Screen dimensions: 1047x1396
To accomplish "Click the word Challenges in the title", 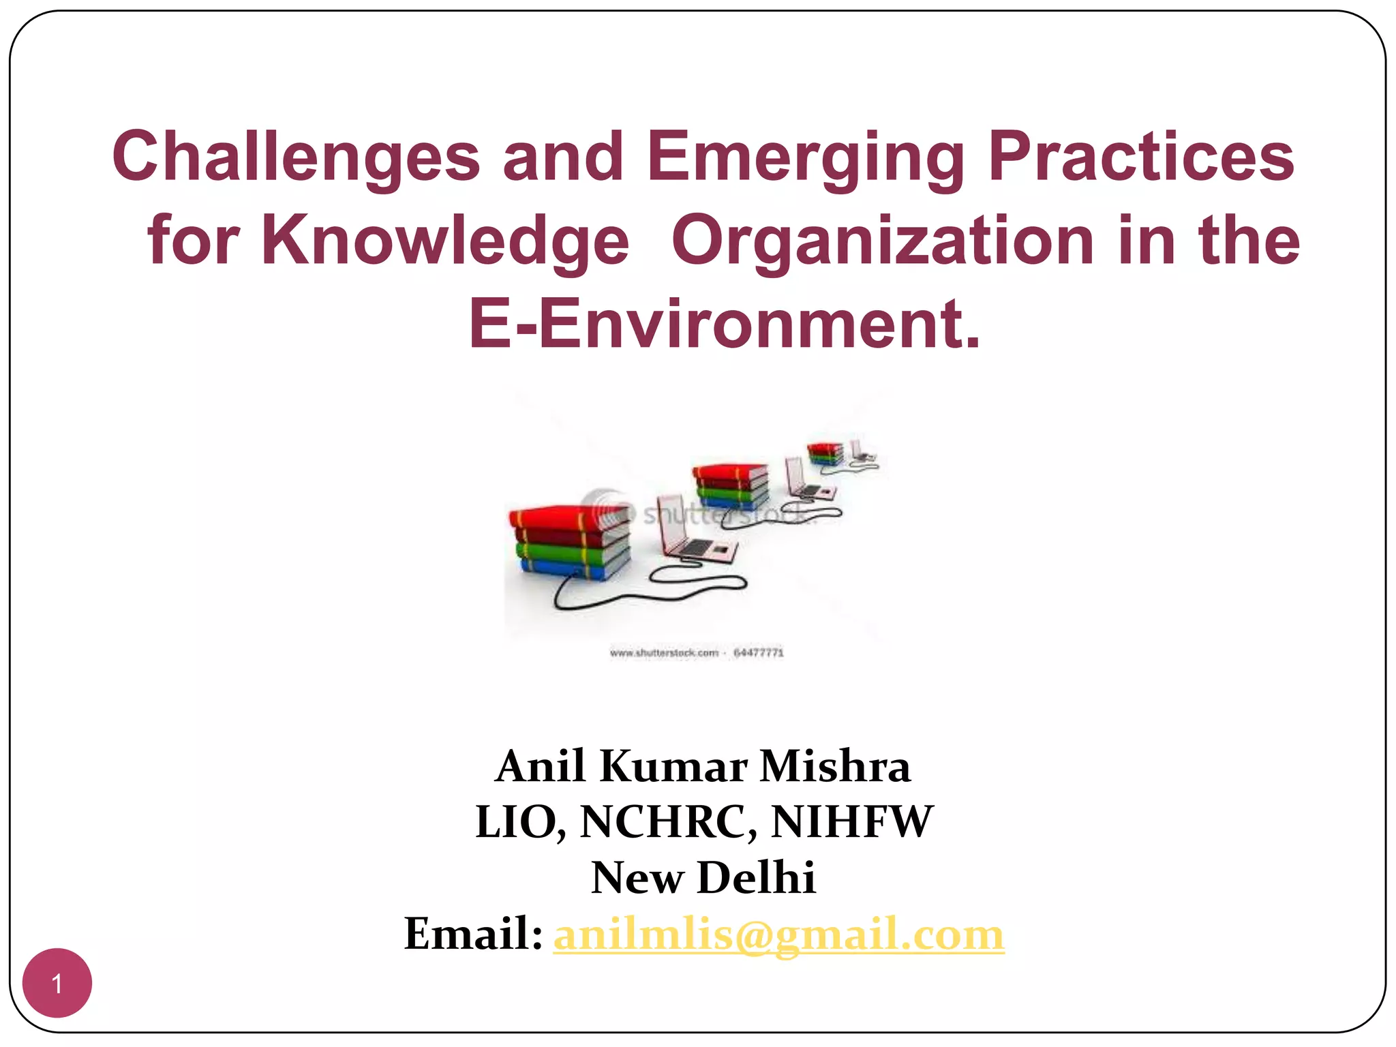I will [297, 157].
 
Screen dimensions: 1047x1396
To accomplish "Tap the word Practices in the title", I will [1140, 157].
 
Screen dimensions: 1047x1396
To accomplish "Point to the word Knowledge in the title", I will [445, 240].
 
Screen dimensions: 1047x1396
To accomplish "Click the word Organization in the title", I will [883, 241].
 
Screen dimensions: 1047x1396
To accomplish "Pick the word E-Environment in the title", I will [724, 323].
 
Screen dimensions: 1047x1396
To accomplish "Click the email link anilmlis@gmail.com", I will [778, 934].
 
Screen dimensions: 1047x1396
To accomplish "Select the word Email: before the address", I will [473, 933].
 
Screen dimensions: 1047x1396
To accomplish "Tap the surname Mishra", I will [835, 766].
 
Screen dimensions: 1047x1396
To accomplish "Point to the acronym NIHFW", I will [851, 821].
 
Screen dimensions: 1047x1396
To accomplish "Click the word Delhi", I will [757, 877].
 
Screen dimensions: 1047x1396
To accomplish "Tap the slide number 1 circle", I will [57, 983].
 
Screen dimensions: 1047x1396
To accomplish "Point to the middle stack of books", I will [731, 485].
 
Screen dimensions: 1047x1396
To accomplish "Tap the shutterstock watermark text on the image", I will [723, 515].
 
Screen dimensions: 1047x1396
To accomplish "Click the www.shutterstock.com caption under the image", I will [664, 653].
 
